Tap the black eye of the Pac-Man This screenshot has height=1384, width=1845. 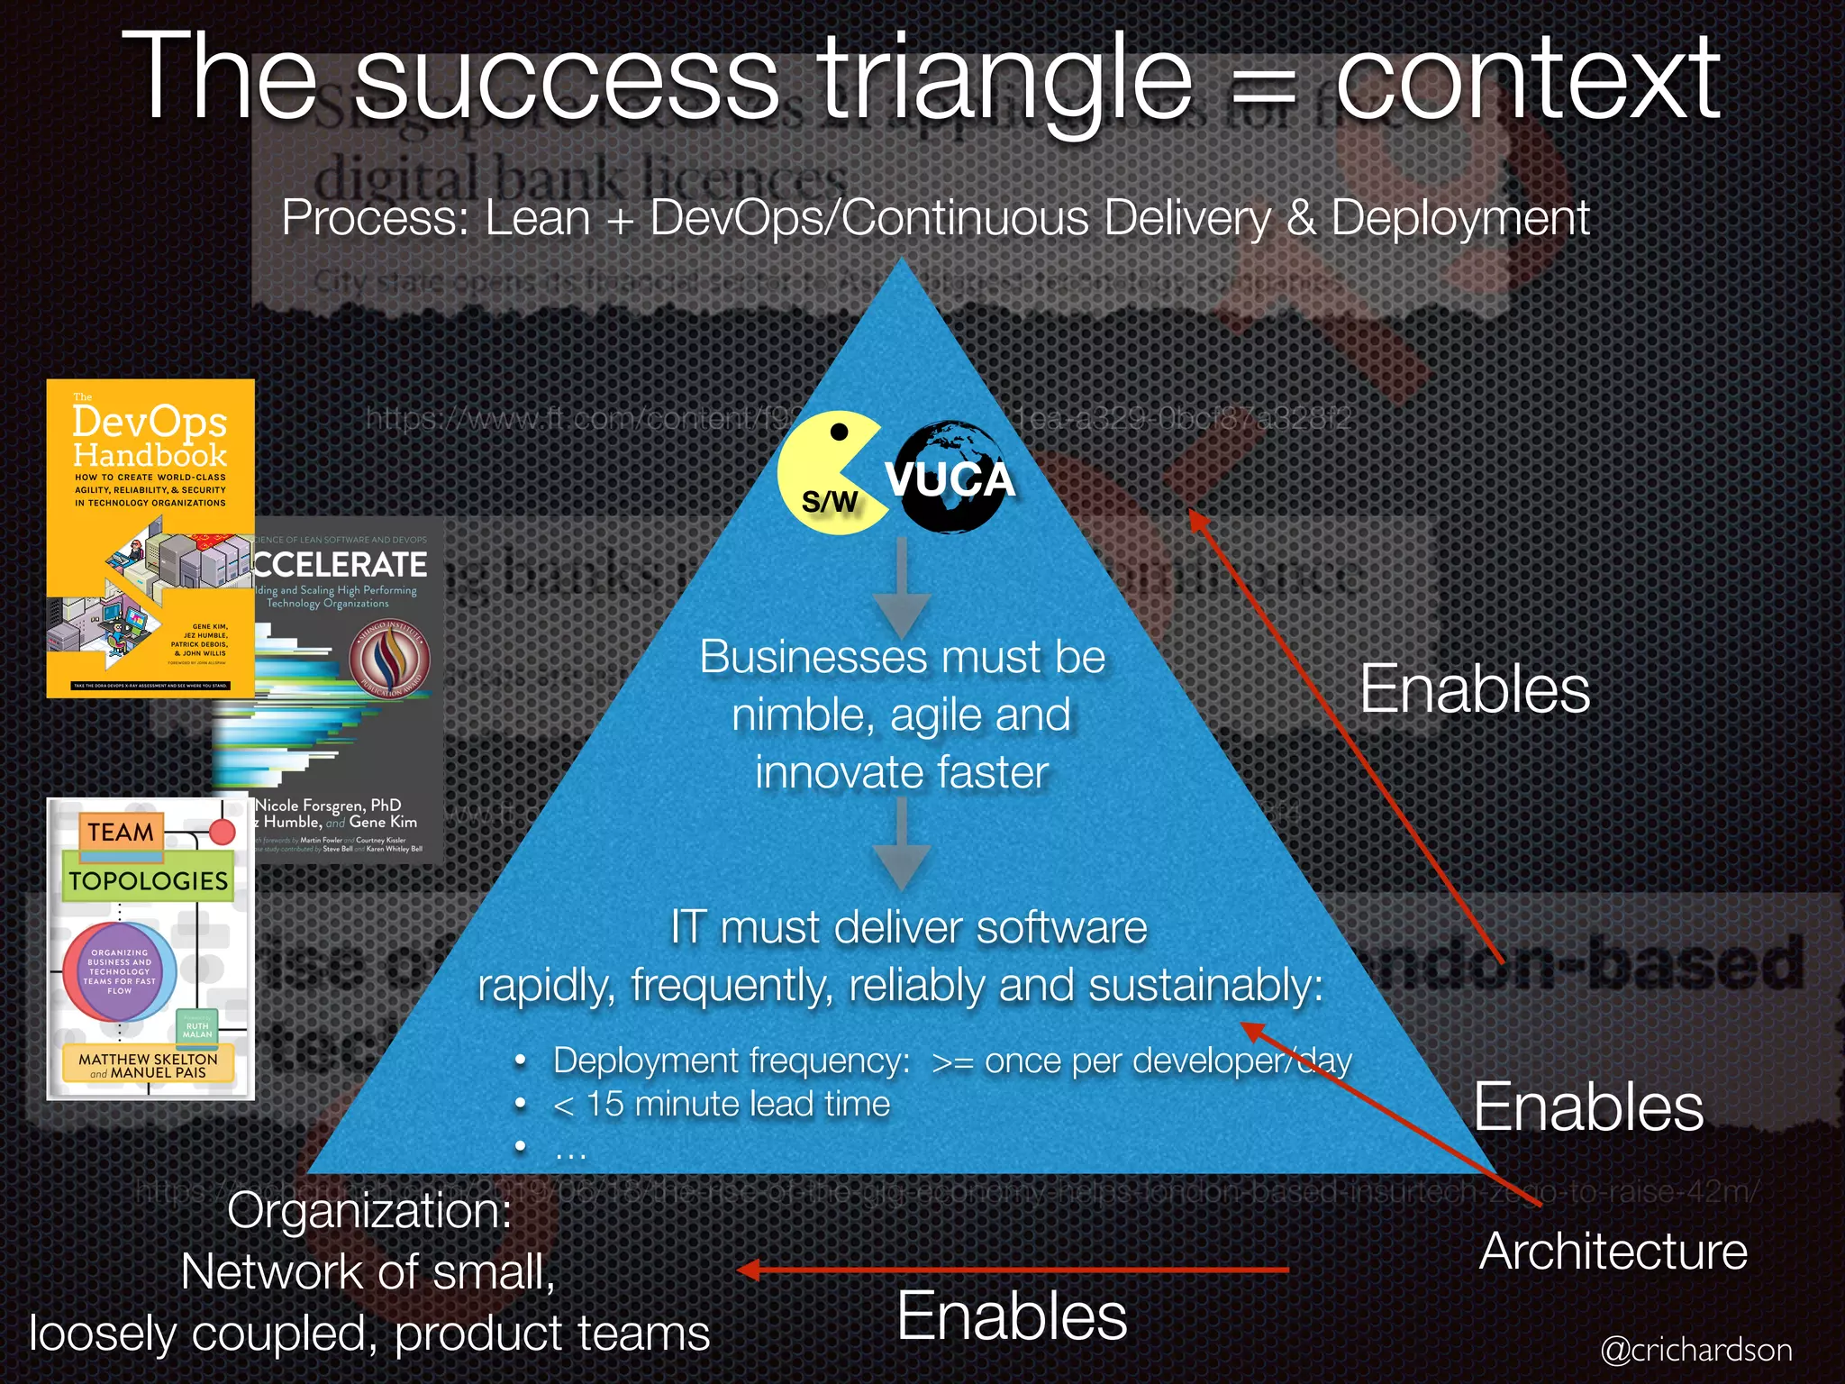(839, 432)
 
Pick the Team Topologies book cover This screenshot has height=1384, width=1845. (150, 949)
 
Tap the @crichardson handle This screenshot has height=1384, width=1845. (1695, 1350)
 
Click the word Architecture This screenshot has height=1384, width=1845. (1613, 1252)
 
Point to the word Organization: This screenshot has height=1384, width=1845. (369, 1210)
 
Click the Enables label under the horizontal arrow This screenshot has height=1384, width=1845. (1012, 1316)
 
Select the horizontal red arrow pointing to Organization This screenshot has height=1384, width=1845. (1013, 1270)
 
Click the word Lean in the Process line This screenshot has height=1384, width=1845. (538, 219)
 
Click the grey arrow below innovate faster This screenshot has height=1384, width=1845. (902, 843)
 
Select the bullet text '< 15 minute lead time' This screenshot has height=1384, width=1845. (722, 1104)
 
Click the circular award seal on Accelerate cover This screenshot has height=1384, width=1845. (389, 660)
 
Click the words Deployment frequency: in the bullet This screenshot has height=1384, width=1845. (732, 1061)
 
